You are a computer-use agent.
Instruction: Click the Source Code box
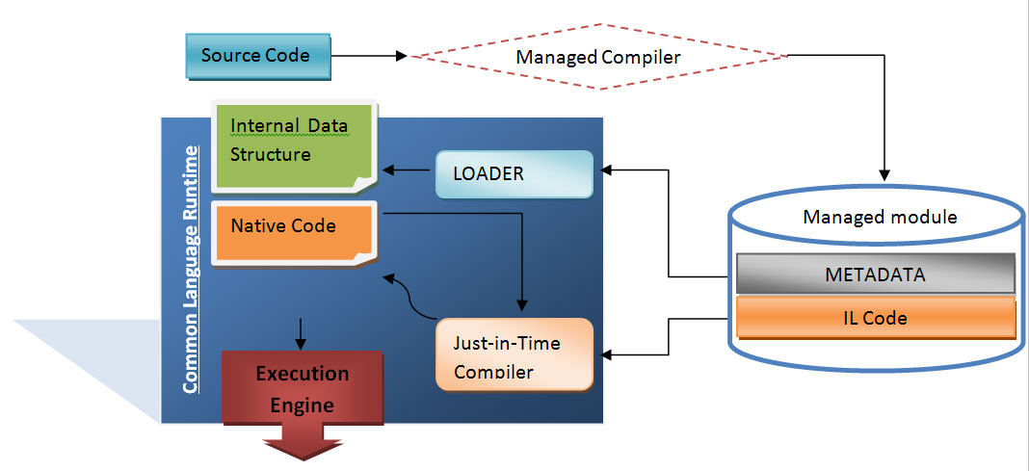pyautogui.click(x=255, y=56)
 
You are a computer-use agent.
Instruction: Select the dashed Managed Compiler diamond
pyautogui.click(x=597, y=57)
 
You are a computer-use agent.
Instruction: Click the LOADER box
pyautogui.click(x=515, y=174)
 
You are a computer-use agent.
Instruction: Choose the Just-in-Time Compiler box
pyautogui.click(x=514, y=353)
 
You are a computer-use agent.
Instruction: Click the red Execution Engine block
pyautogui.click(x=302, y=386)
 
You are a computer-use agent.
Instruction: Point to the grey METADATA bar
pyautogui.click(x=875, y=275)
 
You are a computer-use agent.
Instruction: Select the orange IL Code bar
pyautogui.click(x=875, y=317)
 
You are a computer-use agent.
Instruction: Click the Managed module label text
pyautogui.click(x=880, y=217)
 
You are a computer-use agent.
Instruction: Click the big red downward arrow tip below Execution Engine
pyautogui.click(x=301, y=454)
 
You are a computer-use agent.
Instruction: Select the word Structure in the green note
pyautogui.click(x=271, y=154)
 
